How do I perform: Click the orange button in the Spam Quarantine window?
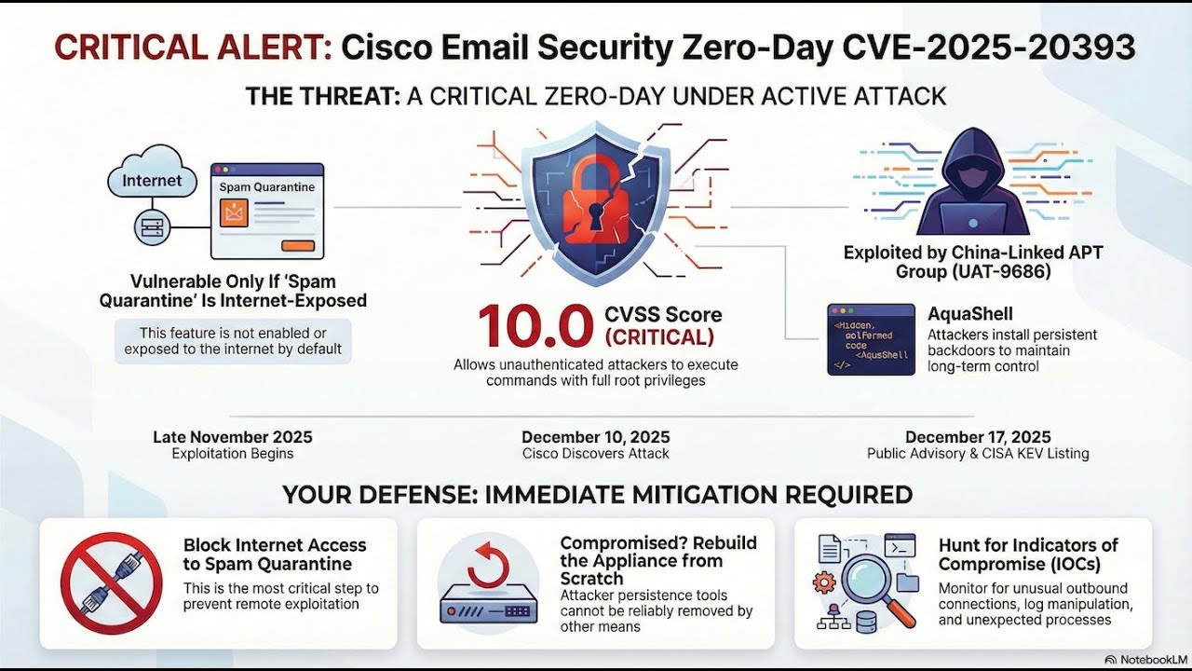[x=297, y=245]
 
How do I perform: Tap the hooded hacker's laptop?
[x=972, y=219]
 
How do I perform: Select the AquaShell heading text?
[x=969, y=314]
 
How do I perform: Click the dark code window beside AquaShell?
[x=871, y=339]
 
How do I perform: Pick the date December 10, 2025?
[x=595, y=437]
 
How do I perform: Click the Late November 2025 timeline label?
[x=232, y=437]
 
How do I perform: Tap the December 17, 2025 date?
[x=978, y=437]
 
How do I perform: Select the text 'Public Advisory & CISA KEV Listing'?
[x=978, y=454]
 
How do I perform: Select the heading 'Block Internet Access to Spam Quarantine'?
[x=274, y=555]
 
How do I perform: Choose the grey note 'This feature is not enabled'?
[x=233, y=341]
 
